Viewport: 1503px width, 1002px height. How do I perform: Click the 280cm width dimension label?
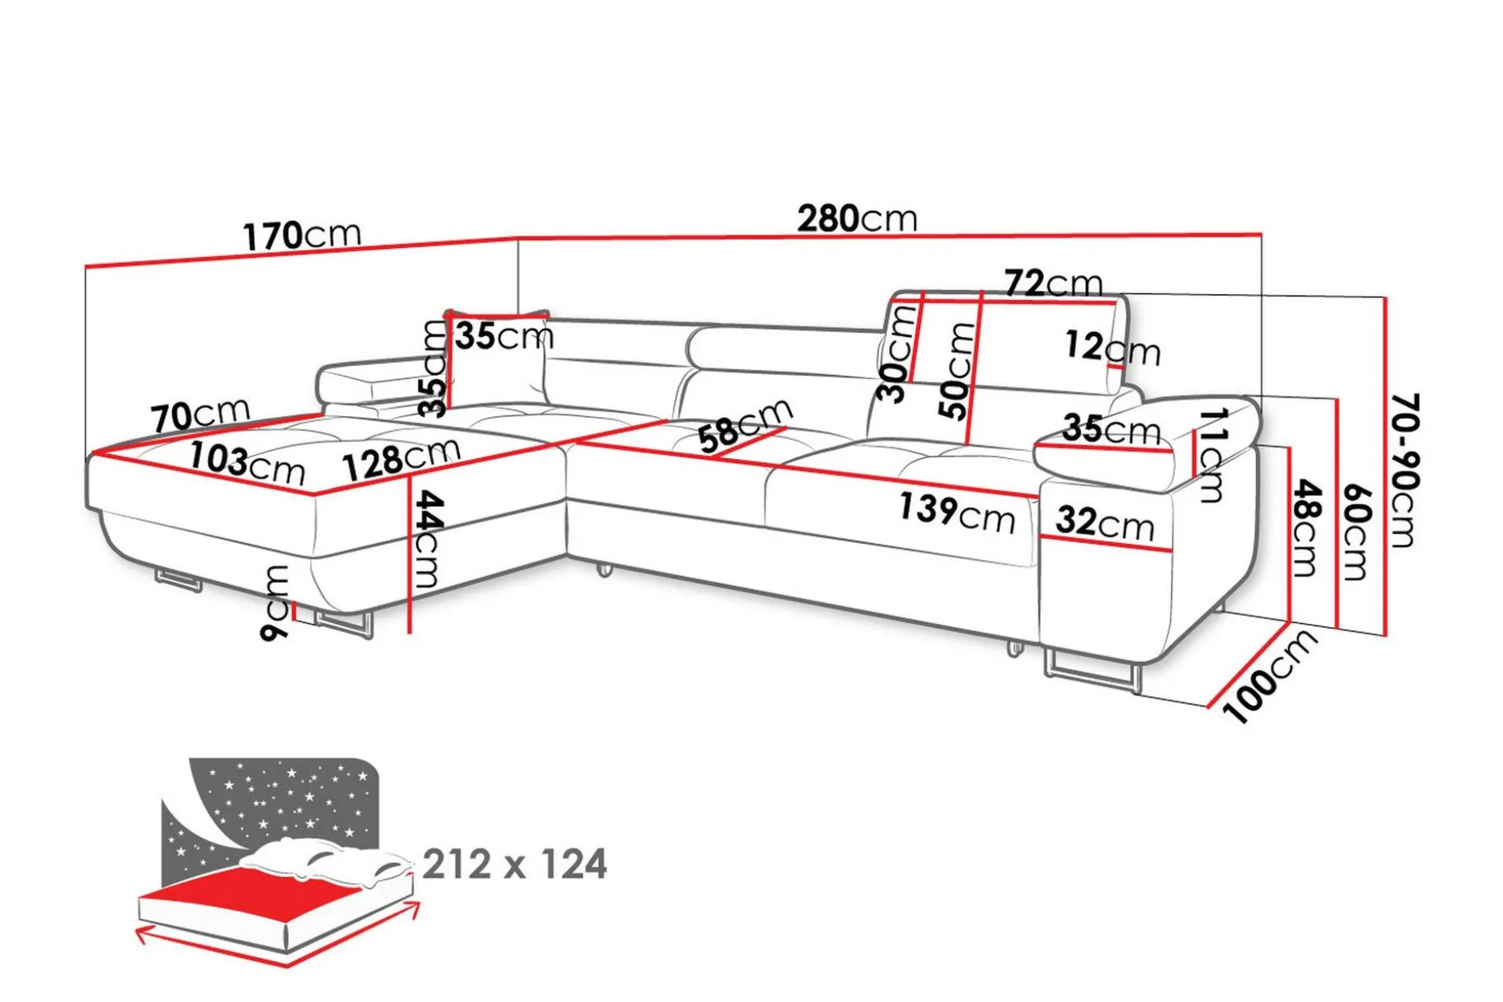(x=857, y=218)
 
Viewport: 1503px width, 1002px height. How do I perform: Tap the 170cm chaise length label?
(x=302, y=235)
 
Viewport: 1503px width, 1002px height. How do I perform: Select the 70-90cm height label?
(x=1404, y=470)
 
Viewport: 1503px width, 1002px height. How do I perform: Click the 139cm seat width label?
(x=958, y=512)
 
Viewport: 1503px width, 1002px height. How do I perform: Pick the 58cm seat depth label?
(x=745, y=426)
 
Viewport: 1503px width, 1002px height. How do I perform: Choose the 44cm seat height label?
(x=428, y=539)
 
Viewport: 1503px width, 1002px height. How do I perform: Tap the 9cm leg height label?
(x=276, y=603)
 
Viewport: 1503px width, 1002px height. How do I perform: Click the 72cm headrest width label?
(x=1054, y=283)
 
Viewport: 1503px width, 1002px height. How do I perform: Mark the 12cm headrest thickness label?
(x=1113, y=347)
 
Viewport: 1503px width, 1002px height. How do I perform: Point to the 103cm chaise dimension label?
(x=247, y=464)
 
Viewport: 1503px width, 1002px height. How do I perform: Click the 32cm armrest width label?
(x=1105, y=523)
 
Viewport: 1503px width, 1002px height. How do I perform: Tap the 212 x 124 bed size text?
(x=515, y=864)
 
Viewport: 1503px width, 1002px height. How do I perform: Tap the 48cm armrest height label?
(x=1306, y=528)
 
